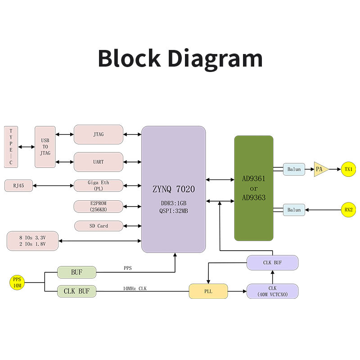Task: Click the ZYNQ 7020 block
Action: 173,189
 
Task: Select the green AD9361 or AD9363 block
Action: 253,188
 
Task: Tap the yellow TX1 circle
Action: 348,170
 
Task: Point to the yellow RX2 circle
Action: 348,210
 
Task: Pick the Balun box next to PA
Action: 294,169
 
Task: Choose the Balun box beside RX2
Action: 294,210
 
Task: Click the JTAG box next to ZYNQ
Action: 98,135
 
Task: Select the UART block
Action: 98,162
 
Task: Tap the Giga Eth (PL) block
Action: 98,185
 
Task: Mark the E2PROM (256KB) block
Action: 98,206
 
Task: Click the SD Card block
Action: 98,226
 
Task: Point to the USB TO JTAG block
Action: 45,147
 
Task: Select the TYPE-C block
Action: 11,147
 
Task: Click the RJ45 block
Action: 18,185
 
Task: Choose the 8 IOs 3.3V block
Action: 32,241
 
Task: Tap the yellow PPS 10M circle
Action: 17,283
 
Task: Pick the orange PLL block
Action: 208,291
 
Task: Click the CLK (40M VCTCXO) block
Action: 272,291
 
